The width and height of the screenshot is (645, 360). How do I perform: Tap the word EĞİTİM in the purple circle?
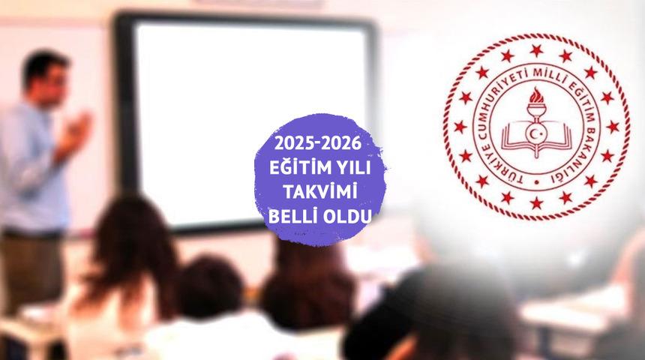coord(295,167)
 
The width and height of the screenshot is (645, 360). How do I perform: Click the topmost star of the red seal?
coord(535,50)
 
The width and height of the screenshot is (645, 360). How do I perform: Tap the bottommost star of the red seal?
coord(535,203)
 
